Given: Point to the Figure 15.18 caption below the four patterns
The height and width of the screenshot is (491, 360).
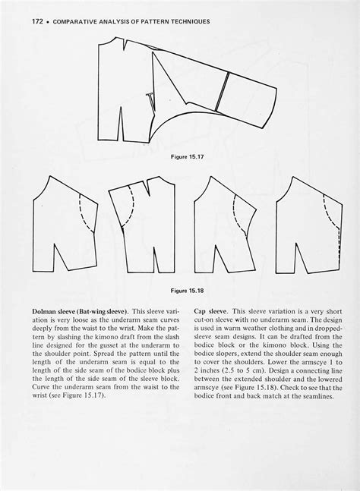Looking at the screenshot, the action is (179, 289).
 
